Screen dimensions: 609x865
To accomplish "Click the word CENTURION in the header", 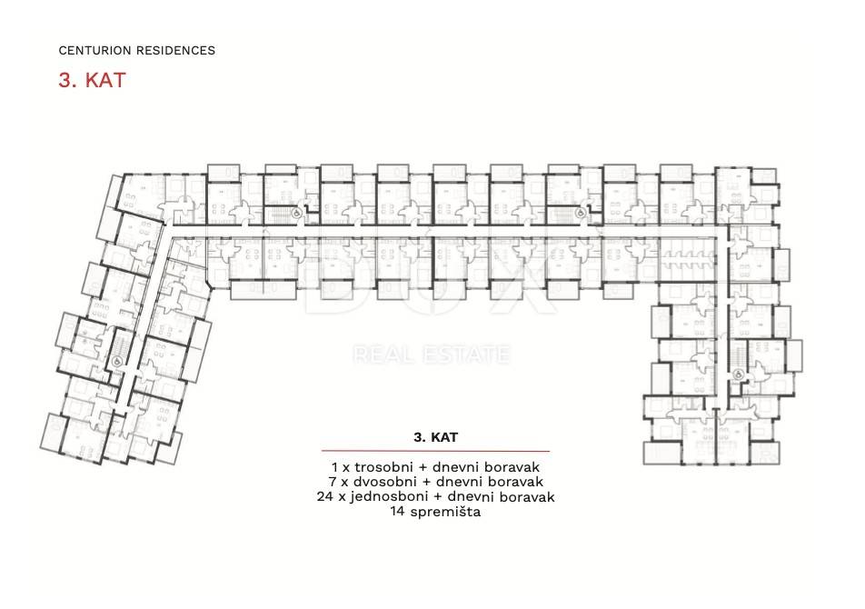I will pyautogui.click(x=92, y=51).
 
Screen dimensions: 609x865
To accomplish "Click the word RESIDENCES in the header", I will pyautogui.click(x=173, y=51).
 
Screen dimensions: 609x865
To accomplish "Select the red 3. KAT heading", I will pyautogui.click(x=91, y=80).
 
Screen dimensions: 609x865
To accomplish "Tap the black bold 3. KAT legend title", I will pyautogui.click(x=435, y=437).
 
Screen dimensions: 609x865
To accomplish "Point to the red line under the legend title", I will pyautogui.click(x=435, y=451).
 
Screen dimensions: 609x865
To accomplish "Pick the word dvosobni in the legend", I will pyautogui.click(x=378, y=482).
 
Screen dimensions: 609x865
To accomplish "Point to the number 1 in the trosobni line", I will pyautogui.click(x=335, y=466).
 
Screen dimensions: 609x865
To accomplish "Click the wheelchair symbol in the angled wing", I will pyautogui.click(x=116, y=360).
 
